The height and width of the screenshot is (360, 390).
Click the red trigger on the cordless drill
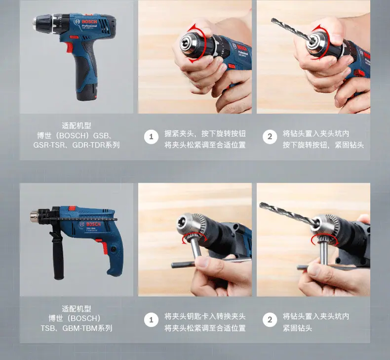(70, 48)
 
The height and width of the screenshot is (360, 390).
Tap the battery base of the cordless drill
(87, 92)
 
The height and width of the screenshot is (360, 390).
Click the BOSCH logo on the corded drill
(93, 224)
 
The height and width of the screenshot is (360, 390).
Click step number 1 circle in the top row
(151, 137)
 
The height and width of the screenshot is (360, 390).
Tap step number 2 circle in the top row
(270, 137)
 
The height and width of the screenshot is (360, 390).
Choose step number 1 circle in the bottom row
(151, 320)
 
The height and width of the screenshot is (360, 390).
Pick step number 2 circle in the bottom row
(270, 320)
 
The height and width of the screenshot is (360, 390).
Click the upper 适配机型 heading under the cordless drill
(77, 125)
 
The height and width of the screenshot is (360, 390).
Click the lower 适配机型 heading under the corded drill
(77, 309)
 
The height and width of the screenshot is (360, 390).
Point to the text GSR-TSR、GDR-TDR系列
(77, 145)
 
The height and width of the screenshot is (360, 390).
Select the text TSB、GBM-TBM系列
(77, 328)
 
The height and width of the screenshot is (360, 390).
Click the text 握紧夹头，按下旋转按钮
(205, 134)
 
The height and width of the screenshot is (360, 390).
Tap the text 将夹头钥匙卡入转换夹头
(205, 317)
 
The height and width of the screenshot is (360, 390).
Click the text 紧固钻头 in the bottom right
(297, 328)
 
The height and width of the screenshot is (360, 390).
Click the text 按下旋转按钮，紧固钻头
(323, 145)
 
